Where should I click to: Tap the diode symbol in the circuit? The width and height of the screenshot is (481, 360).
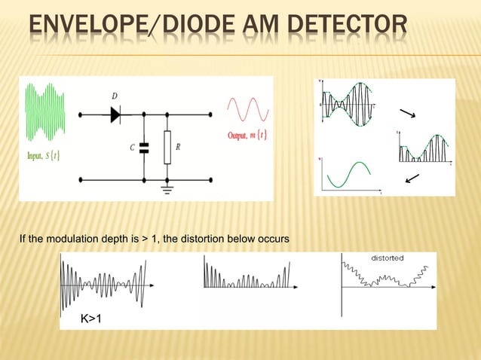point(115,114)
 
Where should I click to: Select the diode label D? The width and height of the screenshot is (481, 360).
point(115,97)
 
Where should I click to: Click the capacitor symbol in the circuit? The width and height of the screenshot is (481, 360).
point(144,148)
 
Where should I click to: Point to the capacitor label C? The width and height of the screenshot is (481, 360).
point(132,148)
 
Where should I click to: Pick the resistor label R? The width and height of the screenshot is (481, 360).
point(178,148)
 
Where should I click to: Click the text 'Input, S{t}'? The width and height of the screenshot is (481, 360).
point(44,156)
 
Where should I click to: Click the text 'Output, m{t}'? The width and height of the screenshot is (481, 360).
point(247,136)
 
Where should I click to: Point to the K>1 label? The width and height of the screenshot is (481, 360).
point(92,319)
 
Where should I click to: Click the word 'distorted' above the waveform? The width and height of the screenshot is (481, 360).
point(387,258)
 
